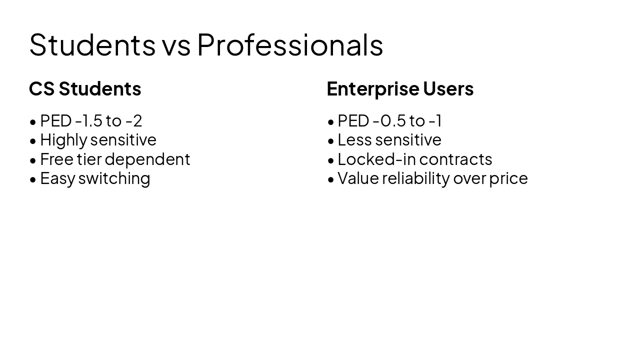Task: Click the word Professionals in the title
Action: [x=290, y=44]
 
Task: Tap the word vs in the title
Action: [x=176, y=44]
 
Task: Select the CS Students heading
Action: [x=85, y=88]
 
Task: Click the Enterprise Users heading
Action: [x=400, y=88]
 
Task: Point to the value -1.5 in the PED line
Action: [x=88, y=120]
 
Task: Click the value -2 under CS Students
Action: [x=134, y=120]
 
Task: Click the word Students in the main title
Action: [x=92, y=44]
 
